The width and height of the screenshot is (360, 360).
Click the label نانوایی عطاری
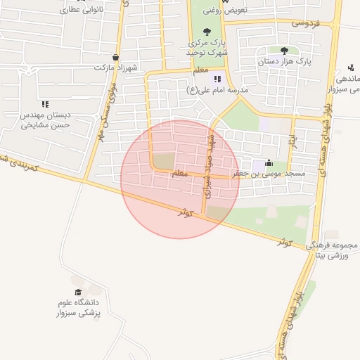(83, 11)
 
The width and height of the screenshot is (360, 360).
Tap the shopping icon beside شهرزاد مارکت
(115, 58)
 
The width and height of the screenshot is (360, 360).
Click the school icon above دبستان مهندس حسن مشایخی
(45, 104)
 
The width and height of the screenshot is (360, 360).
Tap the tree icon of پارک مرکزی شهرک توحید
(207, 32)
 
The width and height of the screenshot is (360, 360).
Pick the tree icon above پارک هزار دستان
(284, 51)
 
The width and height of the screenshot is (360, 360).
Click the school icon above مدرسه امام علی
(217, 79)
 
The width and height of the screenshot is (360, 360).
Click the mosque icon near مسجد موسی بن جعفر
(268, 163)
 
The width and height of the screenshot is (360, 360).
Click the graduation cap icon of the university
(78, 291)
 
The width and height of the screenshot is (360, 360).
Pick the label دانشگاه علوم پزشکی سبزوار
(78, 307)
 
